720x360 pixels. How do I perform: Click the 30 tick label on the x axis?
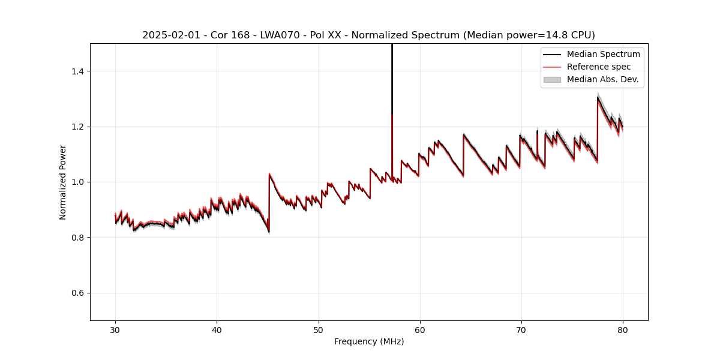tap(115, 330)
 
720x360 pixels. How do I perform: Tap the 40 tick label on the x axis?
tap(217, 330)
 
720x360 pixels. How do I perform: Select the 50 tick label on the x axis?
tap(319, 330)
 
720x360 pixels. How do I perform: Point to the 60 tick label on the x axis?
tap(420, 330)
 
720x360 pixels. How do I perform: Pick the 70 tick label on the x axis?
tap(521, 330)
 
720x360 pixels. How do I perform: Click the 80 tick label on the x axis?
tap(623, 330)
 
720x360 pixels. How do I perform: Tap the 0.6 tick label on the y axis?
tap(79, 293)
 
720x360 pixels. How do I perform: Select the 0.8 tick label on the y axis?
tap(79, 238)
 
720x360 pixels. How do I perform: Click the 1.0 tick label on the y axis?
tap(79, 182)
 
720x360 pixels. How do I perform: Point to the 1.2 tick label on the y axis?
tap(79, 127)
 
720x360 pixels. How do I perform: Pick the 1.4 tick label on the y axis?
tap(79, 71)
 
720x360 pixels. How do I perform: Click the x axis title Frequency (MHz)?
tap(369, 341)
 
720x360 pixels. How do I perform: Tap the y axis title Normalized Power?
tap(63, 182)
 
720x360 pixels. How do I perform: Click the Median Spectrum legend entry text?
tap(603, 54)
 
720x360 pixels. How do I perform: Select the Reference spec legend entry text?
tap(599, 67)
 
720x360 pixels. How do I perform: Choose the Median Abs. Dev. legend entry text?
tap(603, 79)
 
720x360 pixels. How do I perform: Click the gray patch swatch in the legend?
tap(552, 79)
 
